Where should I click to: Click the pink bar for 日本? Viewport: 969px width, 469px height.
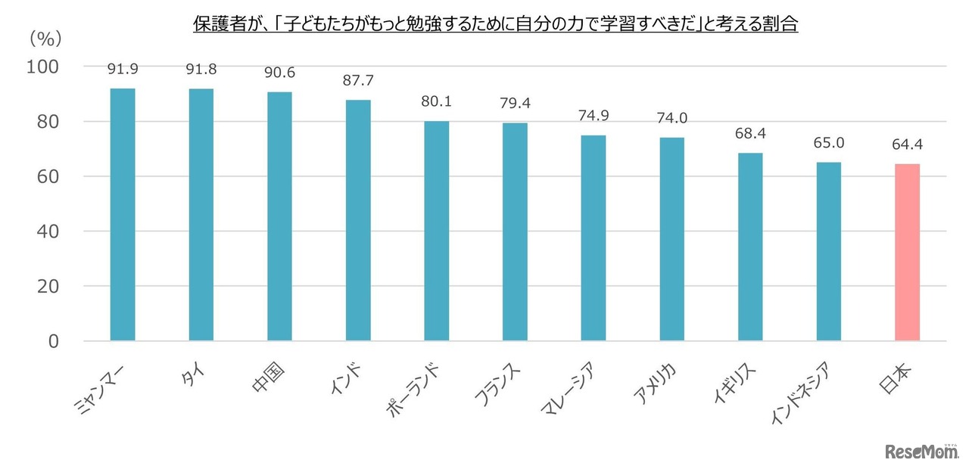coord(907,253)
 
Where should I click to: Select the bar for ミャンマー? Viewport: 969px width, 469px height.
coord(123,215)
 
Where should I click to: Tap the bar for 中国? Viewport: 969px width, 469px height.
coord(279,216)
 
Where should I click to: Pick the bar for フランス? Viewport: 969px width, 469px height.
coord(515,232)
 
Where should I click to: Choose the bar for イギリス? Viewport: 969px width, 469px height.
coord(750,247)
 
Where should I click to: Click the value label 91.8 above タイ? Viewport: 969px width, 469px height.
coord(201,70)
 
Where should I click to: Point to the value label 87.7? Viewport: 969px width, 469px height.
coord(358,80)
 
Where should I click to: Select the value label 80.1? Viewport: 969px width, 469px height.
coord(436,101)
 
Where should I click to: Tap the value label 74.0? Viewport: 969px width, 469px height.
coord(671,118)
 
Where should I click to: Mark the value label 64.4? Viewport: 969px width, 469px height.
coord(907,144)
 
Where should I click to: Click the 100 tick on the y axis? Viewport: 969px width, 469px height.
coord(43,67)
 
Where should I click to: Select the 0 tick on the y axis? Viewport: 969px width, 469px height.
coord(54,341)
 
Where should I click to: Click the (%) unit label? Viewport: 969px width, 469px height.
coord(45,37)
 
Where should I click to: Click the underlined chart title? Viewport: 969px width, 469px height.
coord(496,25)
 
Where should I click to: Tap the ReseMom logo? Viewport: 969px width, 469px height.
coord(921,452)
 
